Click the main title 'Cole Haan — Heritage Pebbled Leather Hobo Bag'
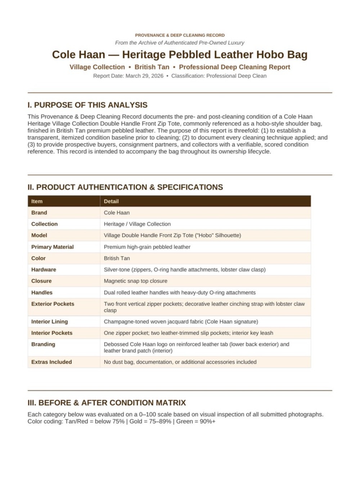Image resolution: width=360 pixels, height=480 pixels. (x=180, y=55)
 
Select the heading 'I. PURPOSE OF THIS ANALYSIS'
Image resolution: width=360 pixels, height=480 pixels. (x=87, y=105)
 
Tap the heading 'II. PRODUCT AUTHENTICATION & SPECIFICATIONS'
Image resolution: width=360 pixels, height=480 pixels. (x=125, y=187)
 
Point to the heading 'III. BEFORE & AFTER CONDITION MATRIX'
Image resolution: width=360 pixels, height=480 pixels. (x=107, y=403)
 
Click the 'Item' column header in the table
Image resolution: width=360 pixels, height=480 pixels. (x=37, y=201)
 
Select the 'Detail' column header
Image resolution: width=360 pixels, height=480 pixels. (x=111, y=201)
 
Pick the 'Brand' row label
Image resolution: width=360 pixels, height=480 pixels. (x=39, y=213)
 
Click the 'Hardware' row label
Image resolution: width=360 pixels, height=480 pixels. (x=44, y=270)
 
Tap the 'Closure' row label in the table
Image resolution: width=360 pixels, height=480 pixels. (x=41, y=281)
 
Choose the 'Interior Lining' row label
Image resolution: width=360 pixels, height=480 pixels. (x=49, y=322)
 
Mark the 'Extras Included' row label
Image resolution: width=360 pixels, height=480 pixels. (x=51, y=362)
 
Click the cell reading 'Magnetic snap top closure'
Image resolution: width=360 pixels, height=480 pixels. (x=135, y=281)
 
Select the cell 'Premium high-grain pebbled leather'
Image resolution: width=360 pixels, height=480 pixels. (x=147, y=247)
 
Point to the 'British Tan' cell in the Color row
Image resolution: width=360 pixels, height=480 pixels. (x=117, y=258)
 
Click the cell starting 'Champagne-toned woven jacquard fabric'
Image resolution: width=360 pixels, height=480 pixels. (x=181, y=322)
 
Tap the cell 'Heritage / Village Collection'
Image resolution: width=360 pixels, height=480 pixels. (x=137, y=224)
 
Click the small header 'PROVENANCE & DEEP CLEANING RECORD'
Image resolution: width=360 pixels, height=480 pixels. (x=180, y=35)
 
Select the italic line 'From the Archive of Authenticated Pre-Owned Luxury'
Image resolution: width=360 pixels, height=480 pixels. (x=180, y=43)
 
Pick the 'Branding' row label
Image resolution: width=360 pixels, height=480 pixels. (x=43, y=344)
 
